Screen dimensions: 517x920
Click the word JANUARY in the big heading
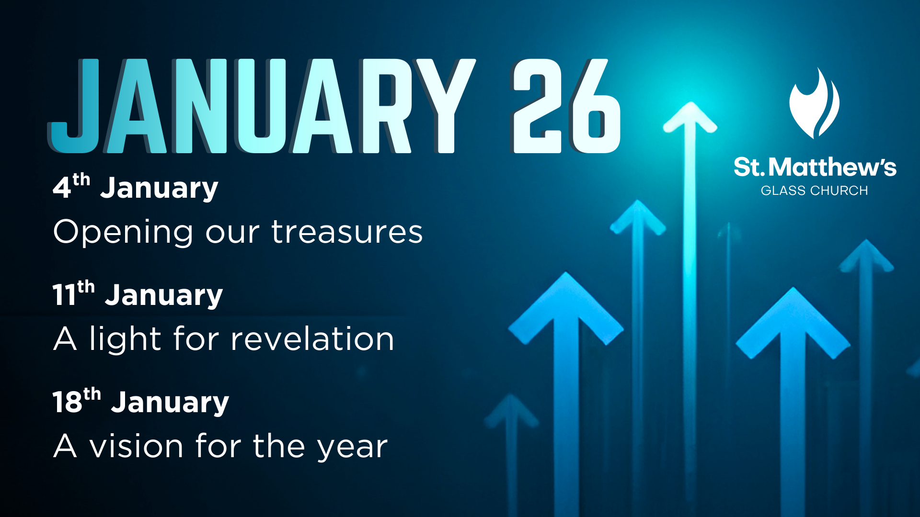click(x=261, y=106)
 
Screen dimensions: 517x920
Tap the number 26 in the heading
click(x=565, y=106)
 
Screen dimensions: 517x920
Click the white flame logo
click(x=814, y=103)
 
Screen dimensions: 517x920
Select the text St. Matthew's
click(x=815, y=167)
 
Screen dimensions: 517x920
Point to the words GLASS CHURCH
click(x=814, y=191)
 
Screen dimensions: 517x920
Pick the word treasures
click(x=347, y=232)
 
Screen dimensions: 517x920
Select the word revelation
click(x=312, y=339)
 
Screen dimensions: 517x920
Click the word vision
click(x=137, y=446)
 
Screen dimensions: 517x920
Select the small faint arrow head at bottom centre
click(x=511, y=410)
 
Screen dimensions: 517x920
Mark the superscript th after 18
click(x=92, y=394)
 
